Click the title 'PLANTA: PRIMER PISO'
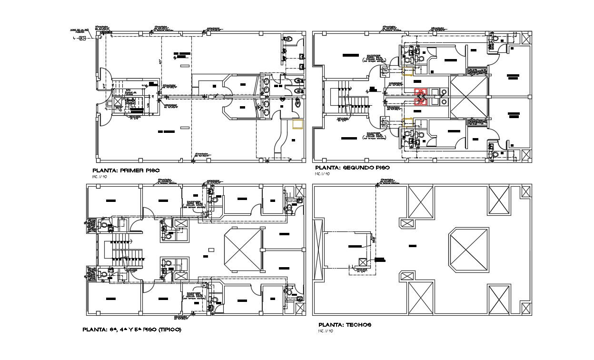[126, 170]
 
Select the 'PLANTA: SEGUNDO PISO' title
[352, 168]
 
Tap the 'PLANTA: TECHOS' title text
[345, 325]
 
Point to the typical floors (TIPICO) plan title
[132, 329]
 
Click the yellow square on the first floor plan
[297, 124]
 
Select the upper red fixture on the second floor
[419, 92]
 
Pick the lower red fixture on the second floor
[419, 101]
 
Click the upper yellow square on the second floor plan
[407, 72]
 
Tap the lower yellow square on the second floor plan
[407, 121]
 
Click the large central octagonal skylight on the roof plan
[469, 250]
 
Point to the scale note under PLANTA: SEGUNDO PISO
[321, 174]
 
